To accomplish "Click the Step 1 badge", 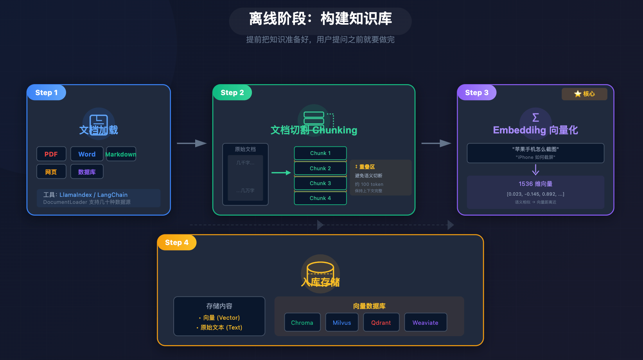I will point(47,93).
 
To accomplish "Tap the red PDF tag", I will point(51,154).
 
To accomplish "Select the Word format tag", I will point(87,154).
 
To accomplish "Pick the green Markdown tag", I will point(121,154).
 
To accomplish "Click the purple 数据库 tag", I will point(87,172).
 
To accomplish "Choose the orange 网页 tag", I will point(51,172).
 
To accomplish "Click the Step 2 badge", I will point(232,93).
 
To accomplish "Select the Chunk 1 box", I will point(320,153).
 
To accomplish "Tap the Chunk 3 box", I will point(320,183).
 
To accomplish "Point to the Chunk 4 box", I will point(320,198).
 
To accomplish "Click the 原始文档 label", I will point(245,149).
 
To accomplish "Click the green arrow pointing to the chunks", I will point(281,173).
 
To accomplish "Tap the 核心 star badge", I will point(584,94).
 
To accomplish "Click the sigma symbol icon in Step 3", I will point(535,117).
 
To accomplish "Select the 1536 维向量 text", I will point(535,184).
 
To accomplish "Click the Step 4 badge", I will point(177,243).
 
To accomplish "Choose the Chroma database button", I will point(302,322).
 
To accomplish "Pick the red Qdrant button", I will point(381,322).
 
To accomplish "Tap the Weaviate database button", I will point(426,322).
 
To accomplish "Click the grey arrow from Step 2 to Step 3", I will point(436,143).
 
